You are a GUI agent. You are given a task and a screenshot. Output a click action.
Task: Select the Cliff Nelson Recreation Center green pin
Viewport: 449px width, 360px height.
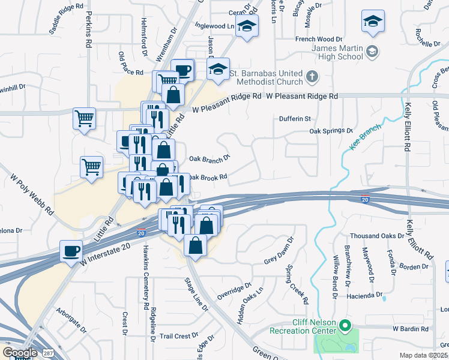point(345,326)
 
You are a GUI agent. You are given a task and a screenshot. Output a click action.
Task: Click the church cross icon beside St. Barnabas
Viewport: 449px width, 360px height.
point(312,77)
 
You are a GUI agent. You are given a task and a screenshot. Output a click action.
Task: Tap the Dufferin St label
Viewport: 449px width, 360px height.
point(294,119)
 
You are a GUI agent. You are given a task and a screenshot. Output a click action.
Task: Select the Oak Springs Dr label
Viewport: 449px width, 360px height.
point(331,131)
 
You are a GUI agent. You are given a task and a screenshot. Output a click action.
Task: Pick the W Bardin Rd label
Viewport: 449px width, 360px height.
point(412,329)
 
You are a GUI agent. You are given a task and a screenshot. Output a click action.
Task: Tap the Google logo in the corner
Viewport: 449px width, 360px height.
point(20,353)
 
